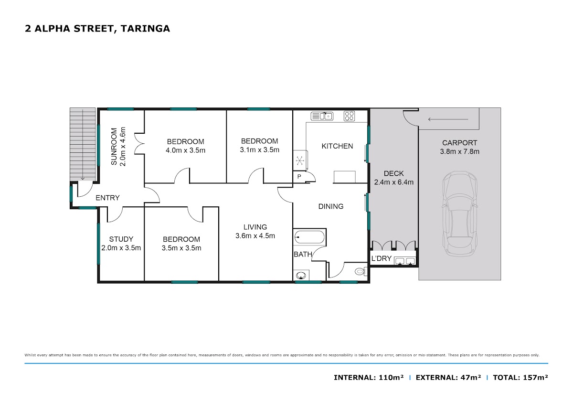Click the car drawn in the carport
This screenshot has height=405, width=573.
click(x=460, y=213)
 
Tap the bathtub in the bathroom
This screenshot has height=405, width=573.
click(x=309, y=237)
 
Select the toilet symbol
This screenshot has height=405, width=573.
click(x=361, y=271)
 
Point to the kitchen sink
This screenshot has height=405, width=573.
click(x=322, y=116)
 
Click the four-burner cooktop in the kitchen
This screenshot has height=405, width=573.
click(x=349, y=116)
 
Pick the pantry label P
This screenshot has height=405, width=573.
click(x=299, y=176)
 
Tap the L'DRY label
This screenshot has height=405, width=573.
click(x=381, y=258)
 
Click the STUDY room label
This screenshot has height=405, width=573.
click(x=121, y=239)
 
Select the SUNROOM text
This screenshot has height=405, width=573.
click(x=114, y=146)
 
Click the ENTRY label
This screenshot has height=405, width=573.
click(x=107, y=198)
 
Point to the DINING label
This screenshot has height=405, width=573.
click(x=331, y=206)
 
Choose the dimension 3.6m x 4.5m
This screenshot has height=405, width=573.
click(x=255, y=236)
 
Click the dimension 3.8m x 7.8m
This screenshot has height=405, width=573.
click(x=459, y=151)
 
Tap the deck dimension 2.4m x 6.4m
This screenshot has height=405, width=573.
click(x=393, y=182)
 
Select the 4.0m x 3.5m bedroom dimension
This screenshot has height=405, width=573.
click(x=185, y=150)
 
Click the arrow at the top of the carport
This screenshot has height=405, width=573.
click(x=448, y=119)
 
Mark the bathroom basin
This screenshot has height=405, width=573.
click(x=301, y=276)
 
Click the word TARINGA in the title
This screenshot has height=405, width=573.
click(x=145, y=29)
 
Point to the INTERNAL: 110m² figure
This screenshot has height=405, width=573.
click(x=369, y=377)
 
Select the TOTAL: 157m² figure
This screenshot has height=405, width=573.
click(x=520, y=377)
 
